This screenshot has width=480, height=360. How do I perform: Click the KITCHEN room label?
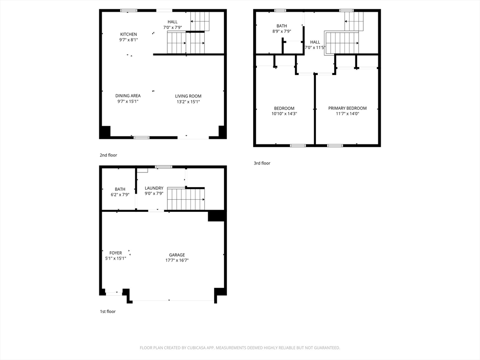128,34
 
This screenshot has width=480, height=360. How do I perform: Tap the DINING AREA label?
128,96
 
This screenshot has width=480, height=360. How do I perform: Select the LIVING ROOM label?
188,96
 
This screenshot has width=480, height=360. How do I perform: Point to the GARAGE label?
177,255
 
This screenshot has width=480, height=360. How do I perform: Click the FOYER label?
116,253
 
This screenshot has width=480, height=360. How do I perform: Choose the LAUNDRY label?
154,188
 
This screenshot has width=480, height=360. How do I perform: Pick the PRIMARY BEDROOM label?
347,108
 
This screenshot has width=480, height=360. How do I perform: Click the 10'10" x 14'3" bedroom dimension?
285,114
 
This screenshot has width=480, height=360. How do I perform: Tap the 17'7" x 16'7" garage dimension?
177,261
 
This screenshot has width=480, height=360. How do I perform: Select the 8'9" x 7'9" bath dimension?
282,31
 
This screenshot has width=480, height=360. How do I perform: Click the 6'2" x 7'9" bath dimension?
120,195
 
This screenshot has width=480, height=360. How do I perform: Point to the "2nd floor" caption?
108,155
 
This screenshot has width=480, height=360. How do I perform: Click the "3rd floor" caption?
262,163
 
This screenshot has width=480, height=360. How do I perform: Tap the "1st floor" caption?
108,312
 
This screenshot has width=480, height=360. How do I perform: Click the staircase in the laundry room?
186,199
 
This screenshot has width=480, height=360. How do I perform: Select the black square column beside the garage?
217,216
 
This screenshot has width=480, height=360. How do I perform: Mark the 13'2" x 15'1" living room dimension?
188,102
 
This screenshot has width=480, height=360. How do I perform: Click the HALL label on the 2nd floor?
172,22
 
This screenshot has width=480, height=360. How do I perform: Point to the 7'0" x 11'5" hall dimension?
315,48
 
